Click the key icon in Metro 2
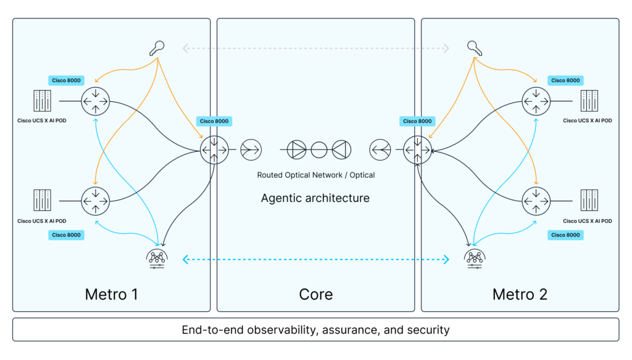[x=474, y=48]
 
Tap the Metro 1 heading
[x=111, y=294]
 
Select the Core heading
[x=315, y=294]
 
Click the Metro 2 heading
[x=520, y=294]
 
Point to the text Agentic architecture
[x=315, y=198]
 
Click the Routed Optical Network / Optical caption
[x=315, y=175]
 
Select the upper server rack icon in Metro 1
[x=42, y=101]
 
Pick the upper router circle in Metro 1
[x=94, y=101]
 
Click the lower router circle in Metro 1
[x=94, y=199]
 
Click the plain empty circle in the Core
[x=319, y=149]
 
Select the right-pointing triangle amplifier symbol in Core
[x=298, y=149]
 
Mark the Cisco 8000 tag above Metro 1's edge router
[x=214, y=122]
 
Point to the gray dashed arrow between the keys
[x=315, y=47]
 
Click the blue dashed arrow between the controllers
[x=315, y=261]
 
